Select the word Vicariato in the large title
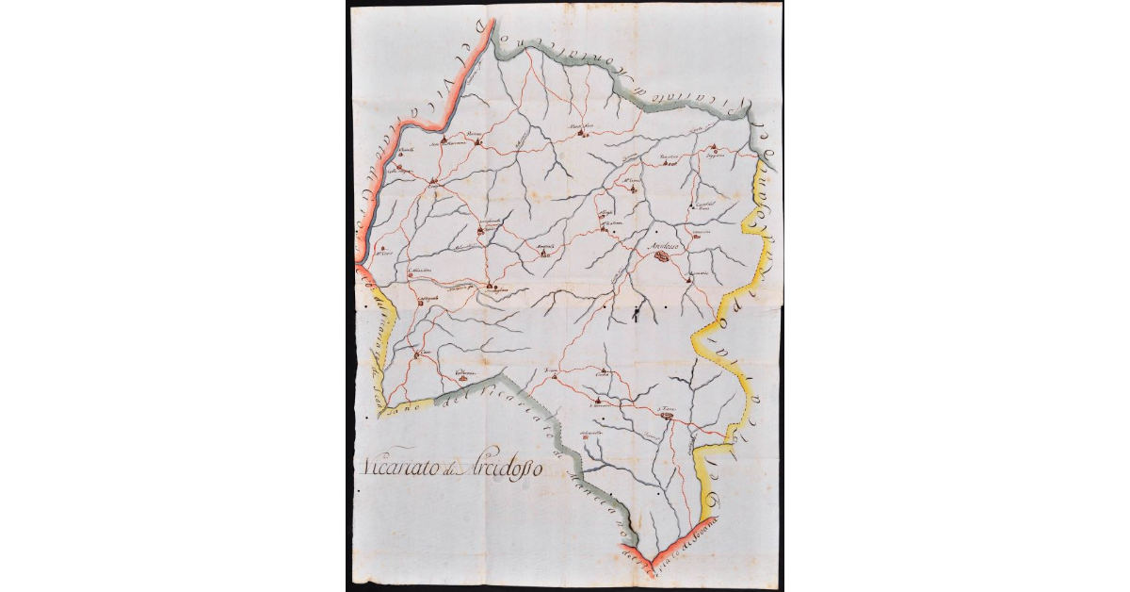[395, 467]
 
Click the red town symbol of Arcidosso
[662, 255]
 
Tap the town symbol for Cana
[417, 355]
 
